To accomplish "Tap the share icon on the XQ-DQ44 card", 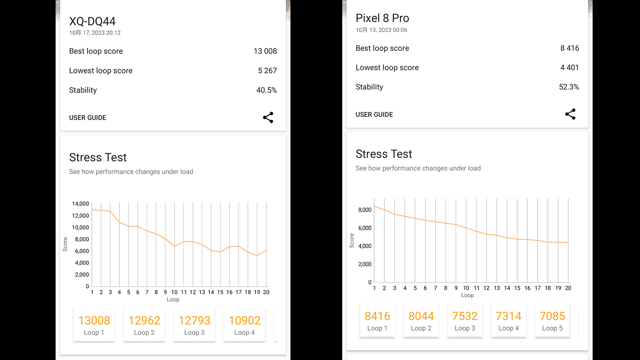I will coord(268,117).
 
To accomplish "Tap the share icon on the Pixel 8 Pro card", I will coord(570,114).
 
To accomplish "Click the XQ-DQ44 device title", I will coord(92,21).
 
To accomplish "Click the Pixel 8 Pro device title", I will coord(382,18).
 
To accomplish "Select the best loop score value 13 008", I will coord(265,51).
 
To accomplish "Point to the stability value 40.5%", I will coord(266,90).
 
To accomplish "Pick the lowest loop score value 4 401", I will coord(569,67).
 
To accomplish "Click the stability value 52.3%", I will coord(569,87).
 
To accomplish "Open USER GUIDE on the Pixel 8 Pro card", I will coord(374,115).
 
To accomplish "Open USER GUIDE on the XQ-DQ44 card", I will coord(87,118).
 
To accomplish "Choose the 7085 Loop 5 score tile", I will coord(552,321).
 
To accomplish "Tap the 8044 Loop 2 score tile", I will coord(421,321).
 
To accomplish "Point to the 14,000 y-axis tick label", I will coord(80,204).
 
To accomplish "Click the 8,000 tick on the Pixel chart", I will coord(365,210).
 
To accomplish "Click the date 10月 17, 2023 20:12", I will coord(95,33).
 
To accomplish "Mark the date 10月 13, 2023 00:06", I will coord(381,30).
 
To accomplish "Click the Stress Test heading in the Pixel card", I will coord(384,154).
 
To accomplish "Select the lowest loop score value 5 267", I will coord(267,71).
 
